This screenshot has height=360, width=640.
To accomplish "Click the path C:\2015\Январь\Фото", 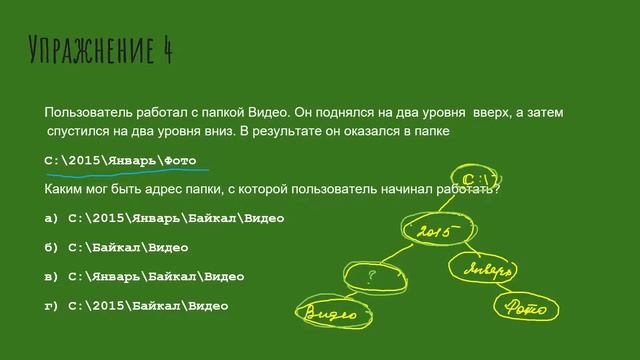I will (121, 160).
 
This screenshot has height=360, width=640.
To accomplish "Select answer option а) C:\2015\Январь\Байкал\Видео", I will (165, 217).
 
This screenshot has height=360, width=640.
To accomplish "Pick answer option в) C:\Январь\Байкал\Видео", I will (144, 275).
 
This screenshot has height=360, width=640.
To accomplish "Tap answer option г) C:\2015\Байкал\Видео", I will (137, 304).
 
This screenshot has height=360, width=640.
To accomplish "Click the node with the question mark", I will (373, 273).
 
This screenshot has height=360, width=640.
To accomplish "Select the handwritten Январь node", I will (489, 268).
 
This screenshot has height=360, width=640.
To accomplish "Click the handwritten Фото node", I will (527, 307).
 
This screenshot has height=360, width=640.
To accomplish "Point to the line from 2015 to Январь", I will (466, 249).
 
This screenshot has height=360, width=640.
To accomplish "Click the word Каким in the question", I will (66, 188).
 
